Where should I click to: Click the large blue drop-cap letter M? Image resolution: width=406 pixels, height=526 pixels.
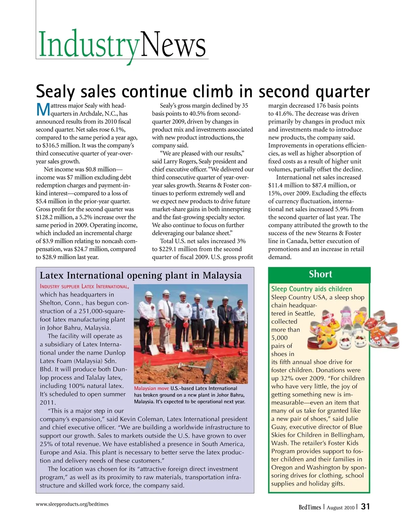[x=43, y=109]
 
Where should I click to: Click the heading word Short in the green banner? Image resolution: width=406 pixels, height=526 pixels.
[x=320, y=274]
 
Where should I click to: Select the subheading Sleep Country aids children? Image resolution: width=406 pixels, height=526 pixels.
[x=311, y=289]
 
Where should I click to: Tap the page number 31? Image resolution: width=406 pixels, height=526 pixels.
[x=365, y=506]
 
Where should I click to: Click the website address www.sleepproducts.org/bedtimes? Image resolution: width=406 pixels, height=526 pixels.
[x=72, y=504]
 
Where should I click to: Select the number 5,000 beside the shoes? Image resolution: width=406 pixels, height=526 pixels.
[x=279, y=338]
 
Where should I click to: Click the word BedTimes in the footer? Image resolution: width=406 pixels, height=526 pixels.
[x=310, y=507]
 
